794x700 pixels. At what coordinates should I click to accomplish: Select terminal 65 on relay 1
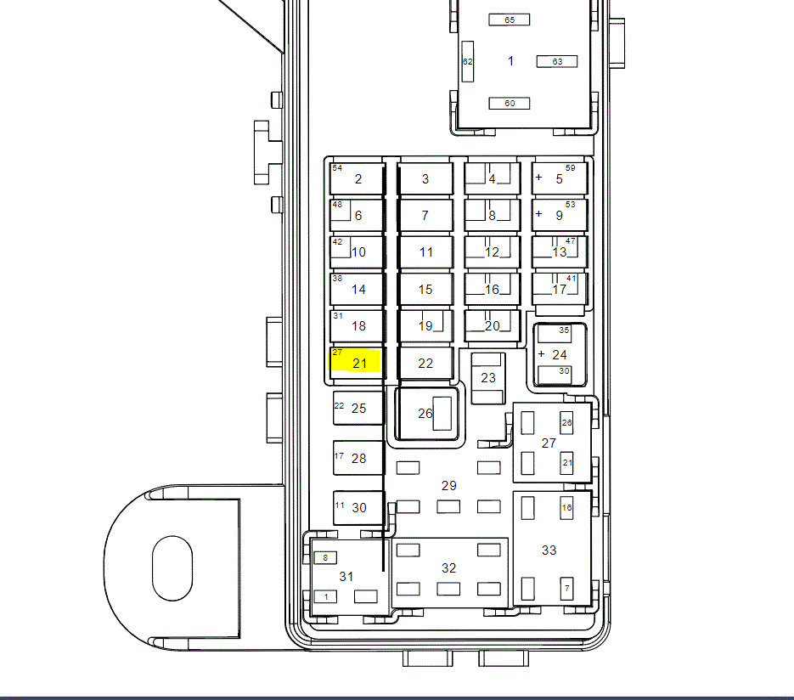coord(509,20)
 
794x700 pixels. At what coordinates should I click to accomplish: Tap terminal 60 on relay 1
coord(509,104)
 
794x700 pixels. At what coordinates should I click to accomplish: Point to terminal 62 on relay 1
coord(467,61)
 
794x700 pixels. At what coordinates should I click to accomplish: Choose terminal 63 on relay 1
coord(557,61)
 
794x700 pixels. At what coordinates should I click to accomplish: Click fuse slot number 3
coord(425,178)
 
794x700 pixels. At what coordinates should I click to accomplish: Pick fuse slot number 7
coord(425,215)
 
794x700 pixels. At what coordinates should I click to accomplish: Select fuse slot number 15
coord(425,289)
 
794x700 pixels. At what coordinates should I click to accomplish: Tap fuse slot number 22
coord(425,364)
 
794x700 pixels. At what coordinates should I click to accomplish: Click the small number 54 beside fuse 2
coord(337,167)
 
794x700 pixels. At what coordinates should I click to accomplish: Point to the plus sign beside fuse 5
coord(538,178)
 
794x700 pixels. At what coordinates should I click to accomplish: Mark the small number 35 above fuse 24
coord(564,330)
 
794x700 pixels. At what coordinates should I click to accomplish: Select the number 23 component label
coord(488,378)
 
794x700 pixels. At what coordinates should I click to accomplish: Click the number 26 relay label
coord(425,414)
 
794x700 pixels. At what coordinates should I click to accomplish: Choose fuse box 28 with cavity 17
coord(358,458)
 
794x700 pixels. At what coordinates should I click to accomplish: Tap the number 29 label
coord(448,486)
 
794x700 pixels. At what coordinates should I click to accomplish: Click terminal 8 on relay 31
coord(325,557)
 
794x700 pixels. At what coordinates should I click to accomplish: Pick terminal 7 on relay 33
coord(566,589)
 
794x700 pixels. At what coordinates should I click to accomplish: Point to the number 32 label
coord(448,568)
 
